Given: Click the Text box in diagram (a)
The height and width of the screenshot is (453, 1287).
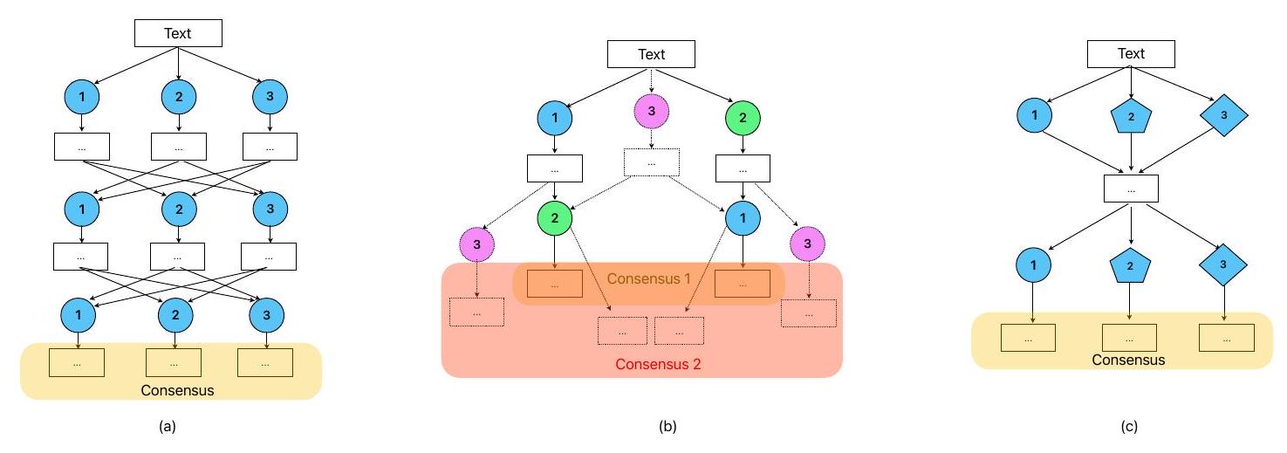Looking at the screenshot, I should [x=178, y=33].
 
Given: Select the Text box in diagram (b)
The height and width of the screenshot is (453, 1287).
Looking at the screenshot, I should [x=652, y=54].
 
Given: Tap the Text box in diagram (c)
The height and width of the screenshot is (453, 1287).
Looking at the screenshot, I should [x=1131, y=54].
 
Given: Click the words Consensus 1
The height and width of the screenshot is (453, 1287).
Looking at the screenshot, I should [x=648, y=279].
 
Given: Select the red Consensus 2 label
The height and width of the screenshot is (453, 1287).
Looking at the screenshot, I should [x=657, y=365].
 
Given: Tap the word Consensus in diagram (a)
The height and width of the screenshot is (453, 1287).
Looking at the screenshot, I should [x=177, y=390].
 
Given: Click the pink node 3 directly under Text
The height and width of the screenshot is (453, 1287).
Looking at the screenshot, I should [x=651, y=112].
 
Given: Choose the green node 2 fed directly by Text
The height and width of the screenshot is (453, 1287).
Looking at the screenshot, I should [x=743, y=118].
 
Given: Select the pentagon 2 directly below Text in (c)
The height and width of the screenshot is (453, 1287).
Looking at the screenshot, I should [x=1131, y=117].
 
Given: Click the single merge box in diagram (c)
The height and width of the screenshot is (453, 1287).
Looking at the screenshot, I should [x=1131, y=188].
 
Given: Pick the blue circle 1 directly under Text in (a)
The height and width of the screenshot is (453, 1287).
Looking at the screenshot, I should [x=81, y=96].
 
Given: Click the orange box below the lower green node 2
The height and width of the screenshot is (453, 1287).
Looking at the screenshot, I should [x=554, y=284].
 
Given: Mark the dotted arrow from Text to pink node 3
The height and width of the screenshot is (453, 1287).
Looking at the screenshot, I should [x=652, y=79].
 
